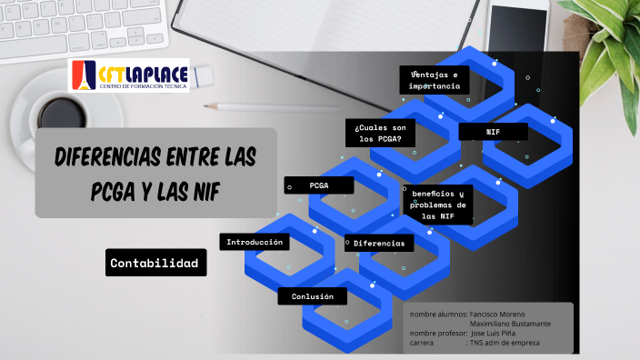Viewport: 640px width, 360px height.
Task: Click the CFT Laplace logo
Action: click(x=128, y=75)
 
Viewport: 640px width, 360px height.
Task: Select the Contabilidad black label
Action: click(x=154, y=264)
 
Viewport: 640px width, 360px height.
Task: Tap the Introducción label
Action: click(x=256, y=242)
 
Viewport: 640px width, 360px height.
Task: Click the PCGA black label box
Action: click(x=319, y=185)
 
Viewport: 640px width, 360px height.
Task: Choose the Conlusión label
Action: click(x=313, y=297)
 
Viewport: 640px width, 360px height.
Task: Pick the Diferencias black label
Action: click(x=379, y=243)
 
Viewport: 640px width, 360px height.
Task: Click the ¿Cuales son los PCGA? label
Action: click(x=380, y=133)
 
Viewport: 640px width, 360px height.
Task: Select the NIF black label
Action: click(x=494, y=132)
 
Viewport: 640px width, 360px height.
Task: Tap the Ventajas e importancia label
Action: click(x=435, y=79)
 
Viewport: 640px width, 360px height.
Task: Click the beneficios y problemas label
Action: click(x=437, y=205)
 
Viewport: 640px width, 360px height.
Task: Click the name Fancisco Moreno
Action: click(x=497, y=315)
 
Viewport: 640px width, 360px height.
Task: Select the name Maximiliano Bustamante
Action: click(x=509, y=325)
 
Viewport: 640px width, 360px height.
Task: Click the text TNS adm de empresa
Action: click(x=505, y=344)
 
